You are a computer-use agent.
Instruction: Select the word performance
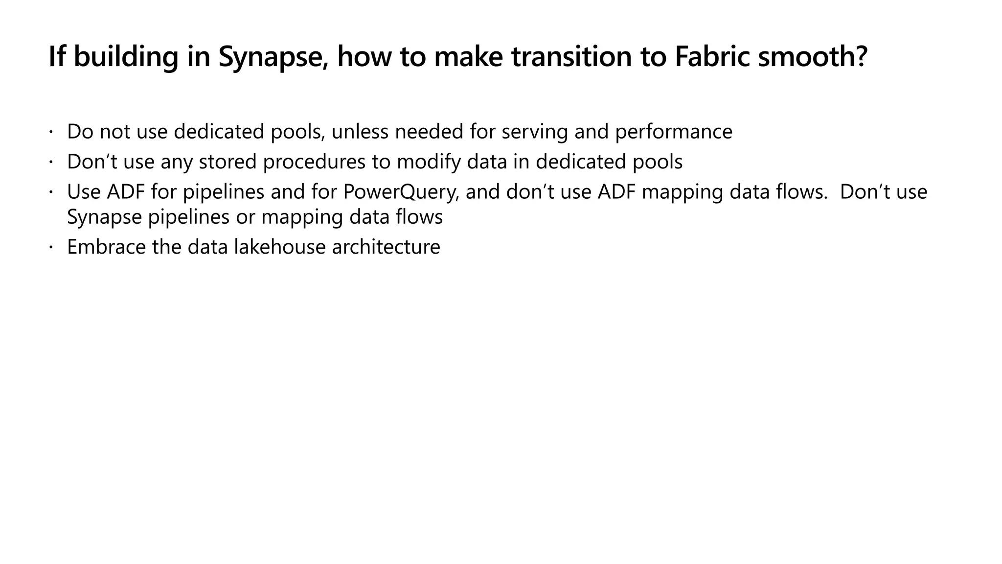tap(674, 132)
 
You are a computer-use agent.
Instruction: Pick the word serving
tap(535, 132)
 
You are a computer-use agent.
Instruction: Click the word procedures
tap(314, 162)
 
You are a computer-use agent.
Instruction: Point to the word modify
tap(429, 162)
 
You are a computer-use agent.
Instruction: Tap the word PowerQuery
tap(401, 192)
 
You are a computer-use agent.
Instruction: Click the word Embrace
tap(106, 247)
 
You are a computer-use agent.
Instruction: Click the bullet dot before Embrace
tap(50, 247)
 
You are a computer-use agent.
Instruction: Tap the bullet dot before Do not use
tap(50, 132)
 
